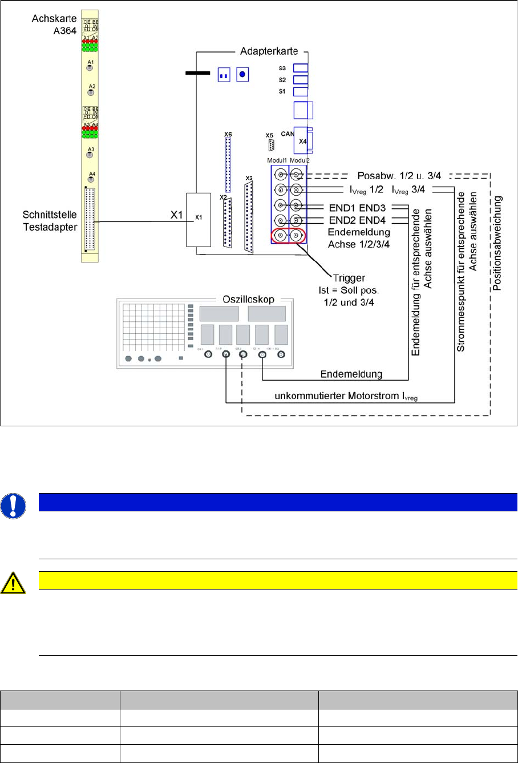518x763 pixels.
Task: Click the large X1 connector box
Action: click(199, 220)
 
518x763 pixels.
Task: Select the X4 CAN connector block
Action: click(302, 140)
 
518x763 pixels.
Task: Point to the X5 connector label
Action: click(269, 135)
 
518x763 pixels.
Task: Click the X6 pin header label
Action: click(228, 134)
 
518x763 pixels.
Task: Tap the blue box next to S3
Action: click(301, 68)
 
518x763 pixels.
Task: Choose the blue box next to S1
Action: click(301, 91)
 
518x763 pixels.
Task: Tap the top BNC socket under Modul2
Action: click(297, 175)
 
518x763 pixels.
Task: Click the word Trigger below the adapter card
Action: click(349, 278)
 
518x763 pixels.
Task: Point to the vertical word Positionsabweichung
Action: click(497, 244)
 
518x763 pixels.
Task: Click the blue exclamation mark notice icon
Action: click(13, 506)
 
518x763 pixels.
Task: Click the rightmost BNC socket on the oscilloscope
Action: click(281, 355)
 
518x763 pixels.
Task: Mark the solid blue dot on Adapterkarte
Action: click(242, 74)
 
